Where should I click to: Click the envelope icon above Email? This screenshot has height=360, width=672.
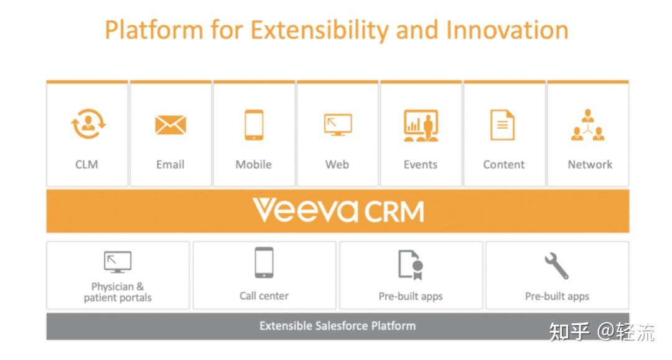[170, 125]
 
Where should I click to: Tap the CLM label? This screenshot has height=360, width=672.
[86, 165]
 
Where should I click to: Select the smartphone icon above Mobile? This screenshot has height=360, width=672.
[254, 125]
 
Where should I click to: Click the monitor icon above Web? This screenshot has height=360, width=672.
[337, 124]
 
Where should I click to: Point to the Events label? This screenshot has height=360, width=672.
[421, 165]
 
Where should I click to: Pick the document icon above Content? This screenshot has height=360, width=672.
[503, 125]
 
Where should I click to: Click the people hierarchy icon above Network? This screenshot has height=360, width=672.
[588, 125]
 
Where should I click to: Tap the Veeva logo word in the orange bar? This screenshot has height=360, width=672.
[305, 211]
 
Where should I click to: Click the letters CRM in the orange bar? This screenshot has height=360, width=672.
[394, 211]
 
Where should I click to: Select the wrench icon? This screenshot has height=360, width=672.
[557, 265]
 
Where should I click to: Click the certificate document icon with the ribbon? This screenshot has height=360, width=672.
[411, 264]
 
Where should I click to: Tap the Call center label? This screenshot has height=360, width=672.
[264, 296]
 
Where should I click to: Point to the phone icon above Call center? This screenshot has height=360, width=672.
[264, 262]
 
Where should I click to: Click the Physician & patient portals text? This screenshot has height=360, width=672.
[118, 292]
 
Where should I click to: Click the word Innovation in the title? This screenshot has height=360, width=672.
[507, 30]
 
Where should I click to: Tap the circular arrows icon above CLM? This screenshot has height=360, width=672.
[88, 124]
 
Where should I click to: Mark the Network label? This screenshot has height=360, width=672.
[590, 165]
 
